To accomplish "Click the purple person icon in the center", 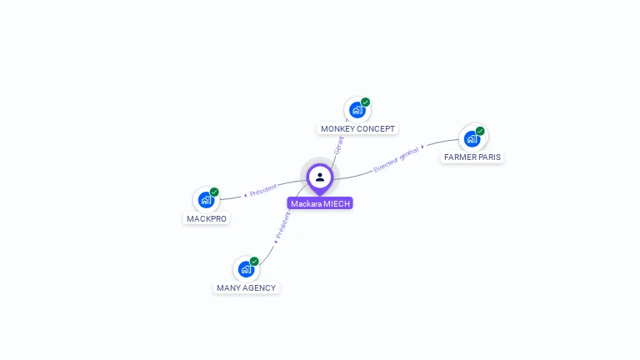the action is coord(320,177).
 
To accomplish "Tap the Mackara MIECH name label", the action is coord(321,203).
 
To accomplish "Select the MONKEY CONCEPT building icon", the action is coord(357,110).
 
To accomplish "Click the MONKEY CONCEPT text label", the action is coord(358,129).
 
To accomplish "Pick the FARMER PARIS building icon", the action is coord(472,138).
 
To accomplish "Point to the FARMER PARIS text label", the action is coord(472,157).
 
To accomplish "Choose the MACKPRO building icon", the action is coord(206,200).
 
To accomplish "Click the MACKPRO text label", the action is coord(207,218).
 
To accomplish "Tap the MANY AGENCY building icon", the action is coord(246,269).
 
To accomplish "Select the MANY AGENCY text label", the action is coord(246,287).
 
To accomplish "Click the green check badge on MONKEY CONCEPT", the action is coord(365,102).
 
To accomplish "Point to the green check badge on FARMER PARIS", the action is coord(480,131).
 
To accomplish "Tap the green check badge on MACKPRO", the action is coord(214,192).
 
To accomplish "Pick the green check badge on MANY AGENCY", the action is coord(254,262).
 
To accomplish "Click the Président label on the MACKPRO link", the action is coord(262,190).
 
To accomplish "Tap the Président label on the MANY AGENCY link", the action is coord(282,225).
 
